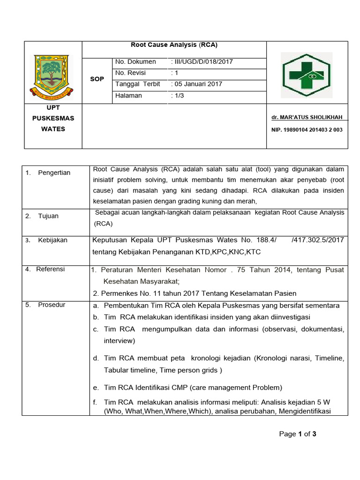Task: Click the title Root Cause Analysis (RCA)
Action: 174,45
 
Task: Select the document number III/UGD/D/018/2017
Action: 202,61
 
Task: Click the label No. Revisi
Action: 131,73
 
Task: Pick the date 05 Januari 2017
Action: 197,84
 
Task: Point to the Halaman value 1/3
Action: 177,95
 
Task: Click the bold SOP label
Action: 97,79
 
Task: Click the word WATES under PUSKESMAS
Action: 53,129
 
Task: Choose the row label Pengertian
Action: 54,172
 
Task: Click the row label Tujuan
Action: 49,216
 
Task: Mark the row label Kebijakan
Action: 52,240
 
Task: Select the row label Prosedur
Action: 52,305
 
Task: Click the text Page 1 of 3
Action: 298,434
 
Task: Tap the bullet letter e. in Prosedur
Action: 96,388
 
